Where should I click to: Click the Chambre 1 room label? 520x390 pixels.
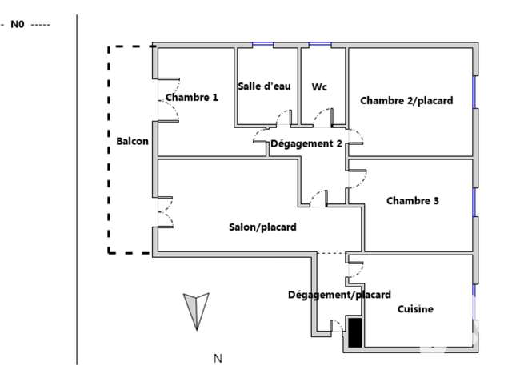pyautogui.click(x=192, y=97)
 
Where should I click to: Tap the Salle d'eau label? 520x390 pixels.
pyautogui.click(x=264, y=86)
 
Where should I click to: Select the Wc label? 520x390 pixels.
pyautogui.click(x=319, y=87)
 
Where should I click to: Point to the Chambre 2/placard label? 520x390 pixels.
pyautogui.click(x=406, y=101)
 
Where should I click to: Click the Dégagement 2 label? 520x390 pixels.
pyautogui.click(x=306, y=143)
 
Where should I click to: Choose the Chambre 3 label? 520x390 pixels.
pyautogui.click(x=413, y=200)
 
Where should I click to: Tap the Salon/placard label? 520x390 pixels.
pyautogui.click(x=262, y=227)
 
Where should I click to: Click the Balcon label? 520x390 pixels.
pyautogui.click(x=132, y=141)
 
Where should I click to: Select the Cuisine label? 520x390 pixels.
pyautogui.click(x=415, y=309)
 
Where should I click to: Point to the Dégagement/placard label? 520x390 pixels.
pyautogui.click(x=339, y=295)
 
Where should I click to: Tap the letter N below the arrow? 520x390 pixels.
pyautogui.click(x=218, y=359)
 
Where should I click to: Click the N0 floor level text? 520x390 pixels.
pyautogui.click(x=18, y=24)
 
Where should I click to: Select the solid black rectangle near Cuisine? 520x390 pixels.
pyautogui.click(x=355, y=332)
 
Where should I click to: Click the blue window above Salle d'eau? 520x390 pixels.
pyautogui.click(x=262, y=44)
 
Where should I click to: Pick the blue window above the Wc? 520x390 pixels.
pyautogui.click(x=320, y=44)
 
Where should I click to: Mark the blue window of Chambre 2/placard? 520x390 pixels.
pyautogui.click(x=474, y=92)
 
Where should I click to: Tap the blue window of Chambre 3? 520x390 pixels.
pyautogui.click(x=474, y=202)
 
